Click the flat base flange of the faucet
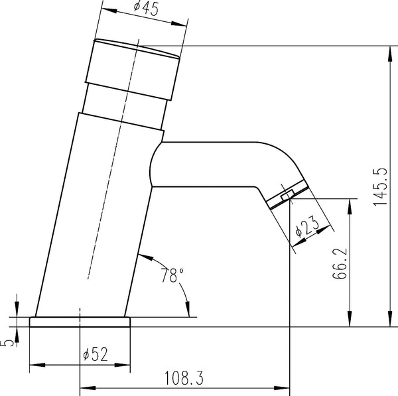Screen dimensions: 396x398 pos(80,322)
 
